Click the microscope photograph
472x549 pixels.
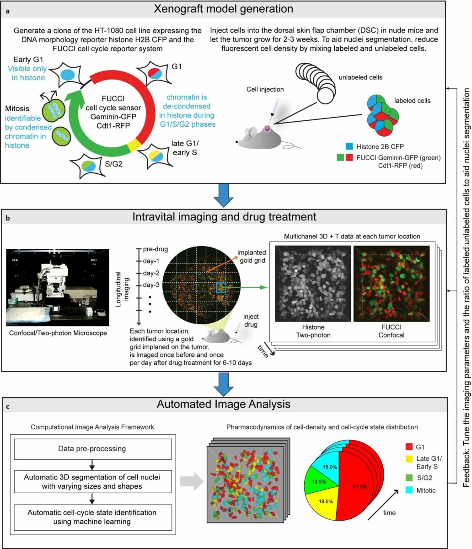58,285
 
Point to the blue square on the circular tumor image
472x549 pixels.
221,287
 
